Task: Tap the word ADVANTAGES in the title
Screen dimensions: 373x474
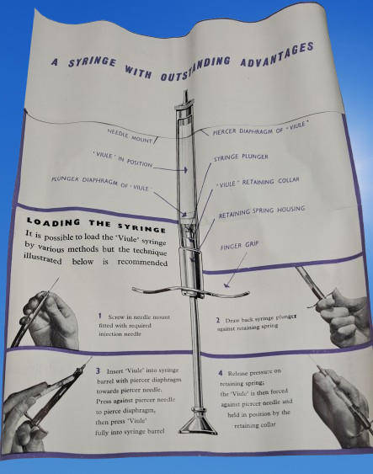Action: [277, 54]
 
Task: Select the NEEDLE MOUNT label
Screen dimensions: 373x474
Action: [130, 136]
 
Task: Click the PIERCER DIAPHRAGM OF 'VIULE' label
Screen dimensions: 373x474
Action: [259, 128]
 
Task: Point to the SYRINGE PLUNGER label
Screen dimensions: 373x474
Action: [241, 157]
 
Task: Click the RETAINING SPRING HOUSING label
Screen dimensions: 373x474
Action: [262, 211]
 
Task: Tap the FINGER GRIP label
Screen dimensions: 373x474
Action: [239, 246]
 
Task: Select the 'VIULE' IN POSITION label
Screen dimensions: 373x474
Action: [123, 159]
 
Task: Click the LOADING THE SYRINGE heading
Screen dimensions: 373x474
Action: [96, 225]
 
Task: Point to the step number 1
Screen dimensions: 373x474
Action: [99, 317]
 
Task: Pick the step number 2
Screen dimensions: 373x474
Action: [218, 320]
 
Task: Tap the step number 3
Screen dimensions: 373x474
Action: [98, 371]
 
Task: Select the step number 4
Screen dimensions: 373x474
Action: [221, 373]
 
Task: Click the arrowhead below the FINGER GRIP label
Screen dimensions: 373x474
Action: [226, 285]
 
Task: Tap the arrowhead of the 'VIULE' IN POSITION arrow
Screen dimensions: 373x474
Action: [185, 170]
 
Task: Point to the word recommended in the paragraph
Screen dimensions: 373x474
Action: [142, 262]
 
